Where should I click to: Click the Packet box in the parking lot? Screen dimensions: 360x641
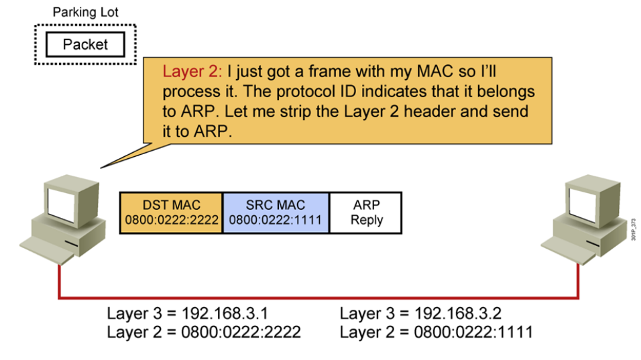[x=84, y=45]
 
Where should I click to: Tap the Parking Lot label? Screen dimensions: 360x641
[x=84, y=12]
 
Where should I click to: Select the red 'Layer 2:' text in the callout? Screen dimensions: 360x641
[x=192, y=72]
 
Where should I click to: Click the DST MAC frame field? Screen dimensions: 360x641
[x=171, y=213]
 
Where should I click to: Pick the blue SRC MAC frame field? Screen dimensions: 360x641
[x=276, y=213]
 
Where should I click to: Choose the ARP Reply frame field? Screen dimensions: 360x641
[x=366, y=213]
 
